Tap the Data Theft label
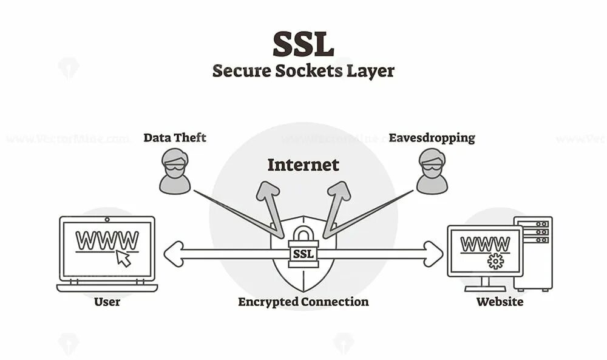pos(175,138)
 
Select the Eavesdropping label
pos(432,138)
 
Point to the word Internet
pos(303,165)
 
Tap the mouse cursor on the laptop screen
pos(123,258)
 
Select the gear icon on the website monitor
pos(495,261)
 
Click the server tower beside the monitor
pos(533,253)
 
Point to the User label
pos(107,302)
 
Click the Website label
pos(500,302)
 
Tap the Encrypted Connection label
pos(303,302)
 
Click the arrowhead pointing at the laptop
pos(173,254)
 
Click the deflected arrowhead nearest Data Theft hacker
pos(267,191)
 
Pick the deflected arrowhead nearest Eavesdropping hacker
pos(339,191)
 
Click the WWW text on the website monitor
pos(485,244)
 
